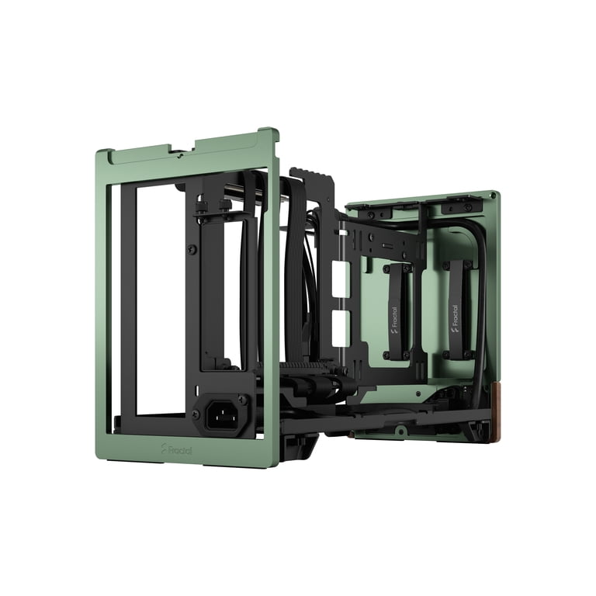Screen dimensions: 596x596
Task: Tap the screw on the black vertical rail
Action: pyautogui.click(x=192, y=249)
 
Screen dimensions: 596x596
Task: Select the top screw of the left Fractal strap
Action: pyautogui.click(x=385, y=269)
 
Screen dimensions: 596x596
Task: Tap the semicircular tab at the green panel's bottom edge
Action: pyautogui.click(x=400, y=428)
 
